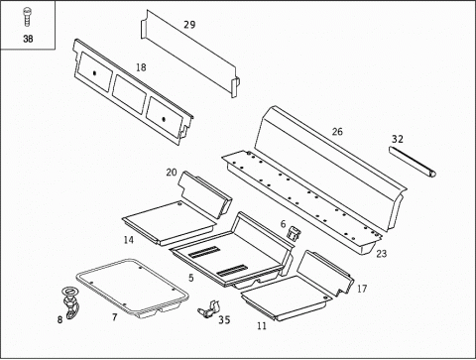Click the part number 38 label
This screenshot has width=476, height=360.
click(x=28, y=39)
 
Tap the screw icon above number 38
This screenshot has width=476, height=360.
click(x=27, y=17)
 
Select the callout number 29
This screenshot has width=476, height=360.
click(x=189, y=25)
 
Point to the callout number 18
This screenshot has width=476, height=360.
click(x=141, y=67)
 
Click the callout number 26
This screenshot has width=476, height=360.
click(x=337, y=132)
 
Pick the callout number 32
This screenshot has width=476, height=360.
click(x=398, y=139)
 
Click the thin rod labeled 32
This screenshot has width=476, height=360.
click(x=413, y=163)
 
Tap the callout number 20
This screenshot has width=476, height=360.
click(x=172, y=173)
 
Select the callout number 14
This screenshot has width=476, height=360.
click(x=129, y=240)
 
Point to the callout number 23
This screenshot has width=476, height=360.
click(x=382, y=254)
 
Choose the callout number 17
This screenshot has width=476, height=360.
click(x=362, y=289)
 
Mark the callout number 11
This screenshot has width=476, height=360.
click(x=262, y=326)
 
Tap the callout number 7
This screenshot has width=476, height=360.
click(x=114, y=317)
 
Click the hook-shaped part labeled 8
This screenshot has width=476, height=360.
click(x=70, y=303)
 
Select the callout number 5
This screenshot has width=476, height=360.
click(x=191, y=278)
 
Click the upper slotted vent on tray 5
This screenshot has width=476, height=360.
click(x=203, y=252)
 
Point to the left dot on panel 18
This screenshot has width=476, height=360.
click(x=94, y=73)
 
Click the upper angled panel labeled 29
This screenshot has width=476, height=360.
click(x=190, y=53)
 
